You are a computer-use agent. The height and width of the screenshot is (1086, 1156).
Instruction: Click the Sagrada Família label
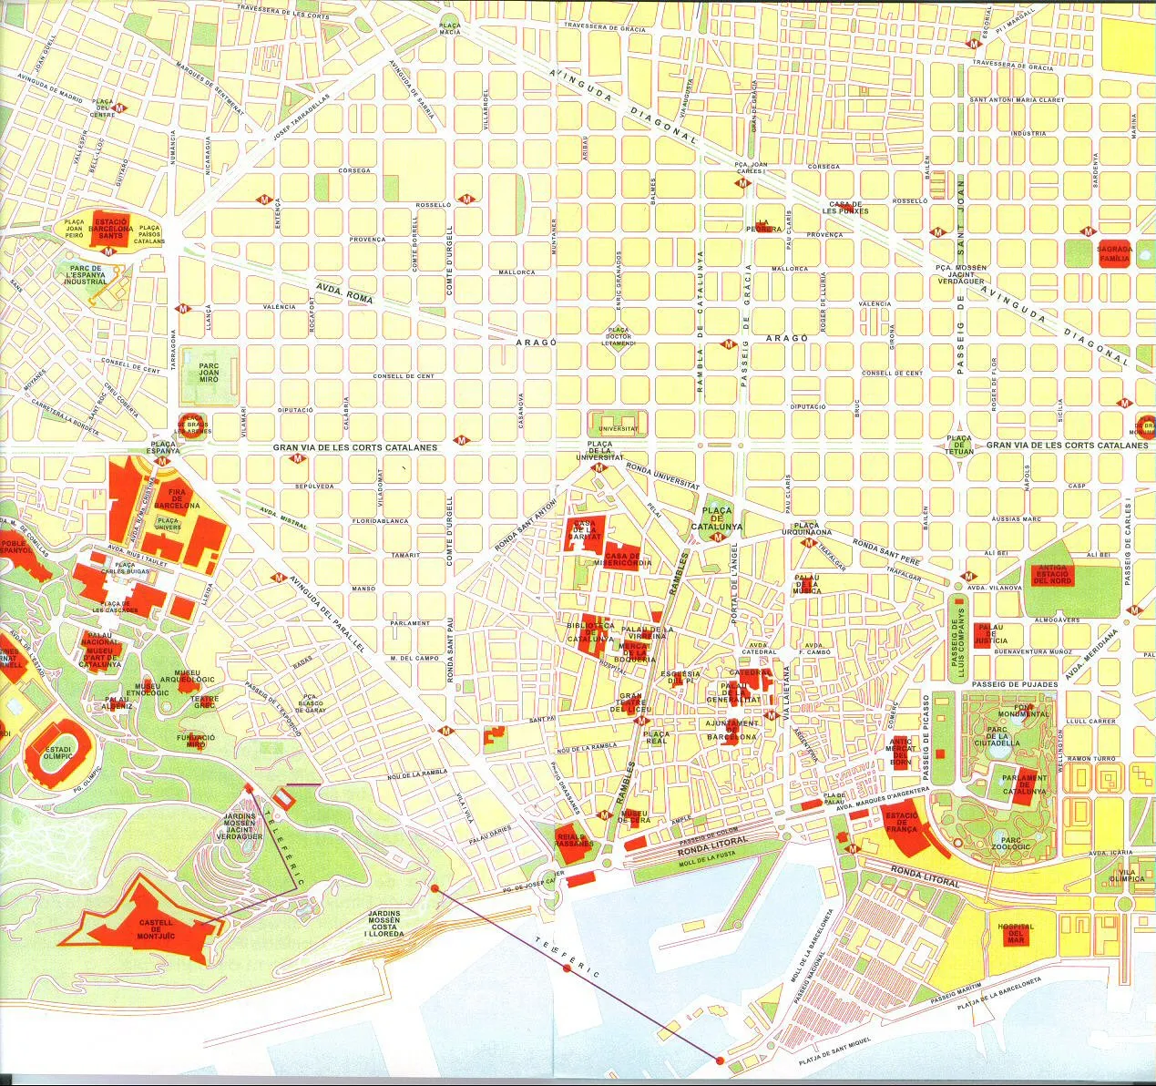(x=1114, y=253)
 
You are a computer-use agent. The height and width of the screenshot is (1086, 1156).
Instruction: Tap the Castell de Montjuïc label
(x=156, y=928)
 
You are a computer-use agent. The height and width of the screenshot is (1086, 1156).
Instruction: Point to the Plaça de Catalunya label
(x=717, y=518)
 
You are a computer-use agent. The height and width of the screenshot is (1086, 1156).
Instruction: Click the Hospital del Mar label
(x=1016, y=933)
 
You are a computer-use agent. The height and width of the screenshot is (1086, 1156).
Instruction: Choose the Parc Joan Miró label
(x=209, y=373)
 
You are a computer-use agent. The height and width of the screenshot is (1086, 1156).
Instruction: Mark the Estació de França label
(x=901, y=823)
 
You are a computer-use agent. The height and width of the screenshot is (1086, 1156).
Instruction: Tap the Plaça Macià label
(x=450, y=28)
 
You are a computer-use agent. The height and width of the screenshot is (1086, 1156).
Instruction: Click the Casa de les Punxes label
(x=845, y=208)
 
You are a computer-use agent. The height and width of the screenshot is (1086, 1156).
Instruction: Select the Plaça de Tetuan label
(x=958, y=445)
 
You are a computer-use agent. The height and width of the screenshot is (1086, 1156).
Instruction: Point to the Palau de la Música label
(x=806, y=584)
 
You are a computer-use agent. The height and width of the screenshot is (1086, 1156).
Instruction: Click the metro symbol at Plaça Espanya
(x=164, y=461)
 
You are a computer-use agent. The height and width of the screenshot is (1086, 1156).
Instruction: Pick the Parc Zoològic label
(x=1011, y=844)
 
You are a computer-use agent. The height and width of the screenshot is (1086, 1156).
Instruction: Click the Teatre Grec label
(x=204, y=702)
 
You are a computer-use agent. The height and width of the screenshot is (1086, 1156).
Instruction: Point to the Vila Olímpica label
(x=1127, y=875)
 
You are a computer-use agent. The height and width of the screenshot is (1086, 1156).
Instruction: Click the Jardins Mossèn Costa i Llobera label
(x=384, y=923)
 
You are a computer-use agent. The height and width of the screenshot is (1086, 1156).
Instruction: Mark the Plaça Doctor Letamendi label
(x=619, y=336)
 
